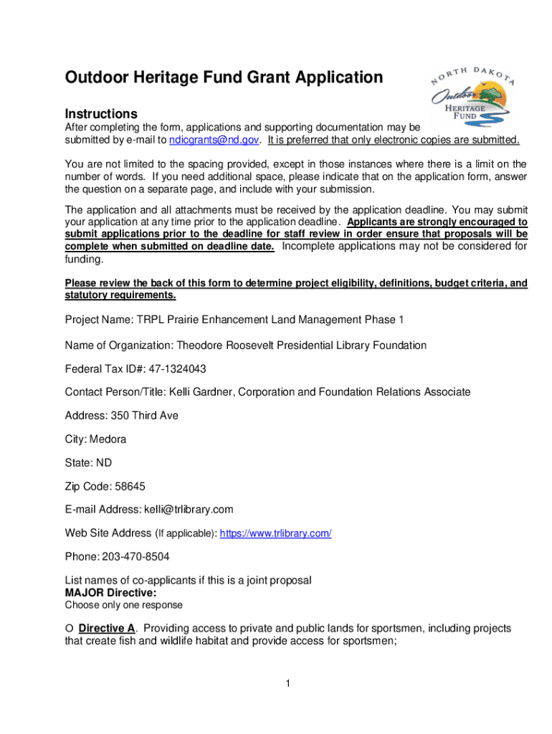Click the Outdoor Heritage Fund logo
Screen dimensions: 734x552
coord(473,101)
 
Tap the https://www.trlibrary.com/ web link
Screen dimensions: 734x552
coord(275,534)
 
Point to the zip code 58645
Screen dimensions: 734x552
coord(130,487)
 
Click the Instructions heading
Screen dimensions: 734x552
coord(101,114)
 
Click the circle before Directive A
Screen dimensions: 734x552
coord(70,629)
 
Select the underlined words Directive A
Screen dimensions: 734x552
coord(107,629)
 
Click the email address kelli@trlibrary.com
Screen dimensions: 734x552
coord(189,510)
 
